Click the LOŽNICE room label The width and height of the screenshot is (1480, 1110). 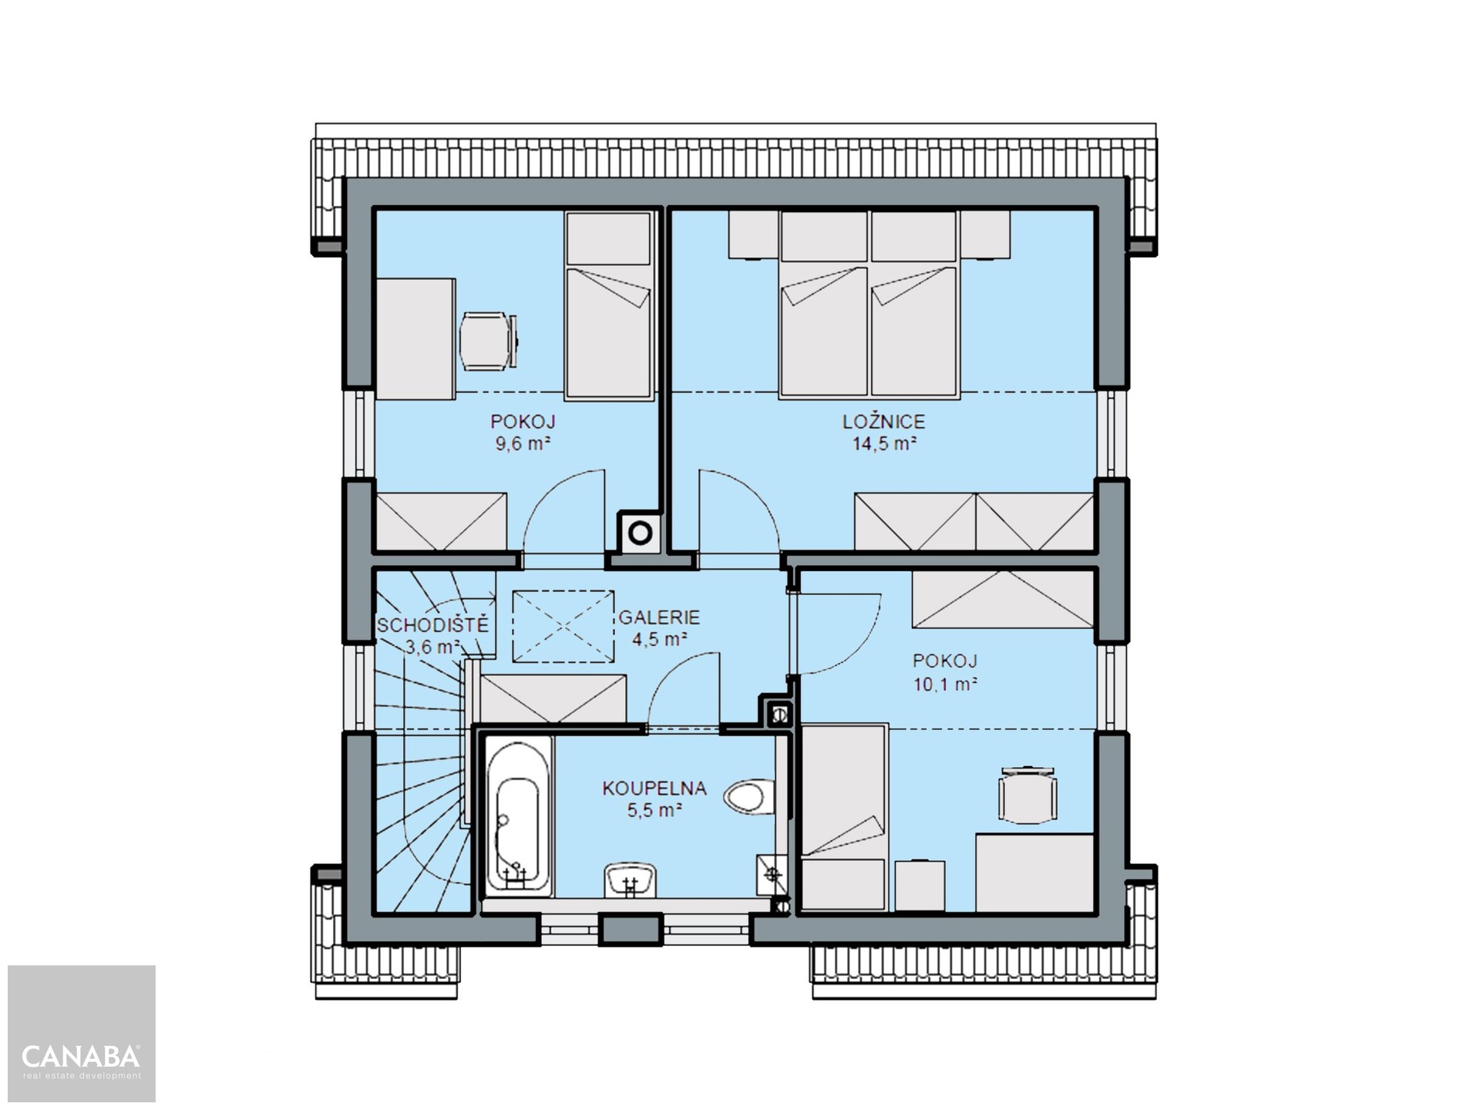coord(883,422)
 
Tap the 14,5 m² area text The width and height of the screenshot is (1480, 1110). coord(883,443)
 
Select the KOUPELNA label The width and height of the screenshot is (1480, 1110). coord(654,789)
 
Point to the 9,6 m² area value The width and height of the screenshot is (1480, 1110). coord(523,443)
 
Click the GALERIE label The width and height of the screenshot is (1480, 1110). coord(659,617)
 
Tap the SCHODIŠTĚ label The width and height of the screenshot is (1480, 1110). coord(432,624)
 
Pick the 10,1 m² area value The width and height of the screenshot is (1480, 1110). coord(945,684)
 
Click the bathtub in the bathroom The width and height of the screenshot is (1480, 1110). coord(519,816)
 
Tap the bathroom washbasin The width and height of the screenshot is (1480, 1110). coord(631,880)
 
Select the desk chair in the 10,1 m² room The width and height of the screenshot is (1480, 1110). coord(1028,795)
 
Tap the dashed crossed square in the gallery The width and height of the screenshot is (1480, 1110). coord(563,626)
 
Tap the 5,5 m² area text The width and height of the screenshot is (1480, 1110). coord(654,810)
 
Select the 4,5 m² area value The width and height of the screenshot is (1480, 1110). coord(659,639)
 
